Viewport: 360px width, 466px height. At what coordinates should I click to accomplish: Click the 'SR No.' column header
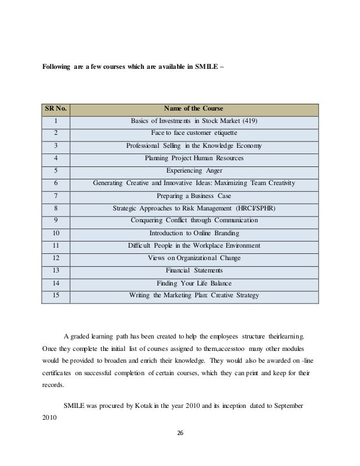pos(56,109)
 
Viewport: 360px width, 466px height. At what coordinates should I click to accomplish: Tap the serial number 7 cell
pos(56,196)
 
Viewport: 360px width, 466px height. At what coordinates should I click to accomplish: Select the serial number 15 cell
pos(56,295)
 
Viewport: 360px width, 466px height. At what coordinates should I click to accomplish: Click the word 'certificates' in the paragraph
pos(59,373)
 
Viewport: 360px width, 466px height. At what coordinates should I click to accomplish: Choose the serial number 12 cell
pos(56,258)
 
